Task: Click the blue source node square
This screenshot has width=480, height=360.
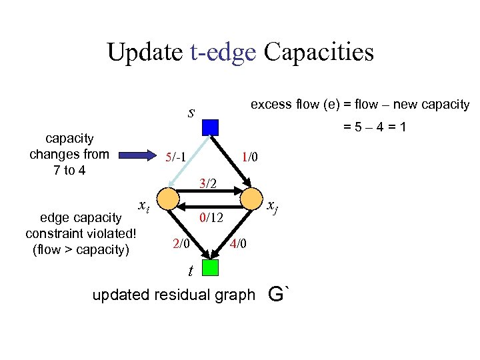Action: (210, 127)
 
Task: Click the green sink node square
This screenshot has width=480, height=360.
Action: (210, 267)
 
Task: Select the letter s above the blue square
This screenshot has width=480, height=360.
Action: (191, 112)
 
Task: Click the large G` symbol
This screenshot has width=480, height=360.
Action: (280, 293)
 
